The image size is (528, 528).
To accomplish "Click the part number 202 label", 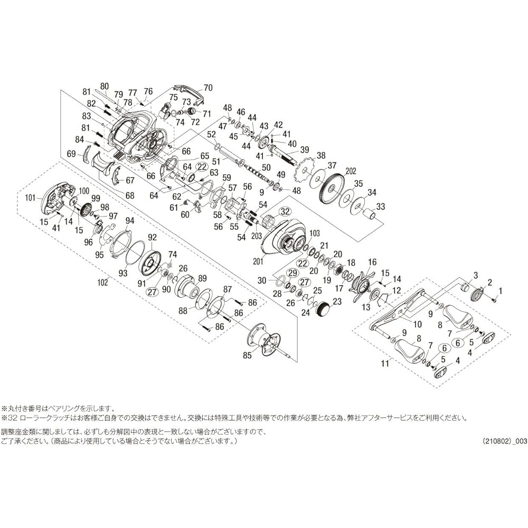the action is (x=350, y=172).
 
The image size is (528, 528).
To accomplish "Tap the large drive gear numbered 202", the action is (x=332, y=188).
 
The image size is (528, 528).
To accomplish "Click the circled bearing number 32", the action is (x=285, y=212).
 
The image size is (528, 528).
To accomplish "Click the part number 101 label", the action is (x=30, y=197).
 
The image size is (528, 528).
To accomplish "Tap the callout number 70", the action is (x=208, y=88).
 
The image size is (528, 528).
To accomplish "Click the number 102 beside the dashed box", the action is (x=102, y=282).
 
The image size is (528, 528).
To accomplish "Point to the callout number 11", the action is (x=384, y=363).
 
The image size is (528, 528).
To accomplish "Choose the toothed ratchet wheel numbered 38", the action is (x=306, y=171).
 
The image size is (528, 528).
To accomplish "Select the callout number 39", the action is (x=305, y=149).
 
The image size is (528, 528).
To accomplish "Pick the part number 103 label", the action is (x=315, y=233).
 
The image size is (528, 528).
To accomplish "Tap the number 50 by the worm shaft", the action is (x=266, y=168).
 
